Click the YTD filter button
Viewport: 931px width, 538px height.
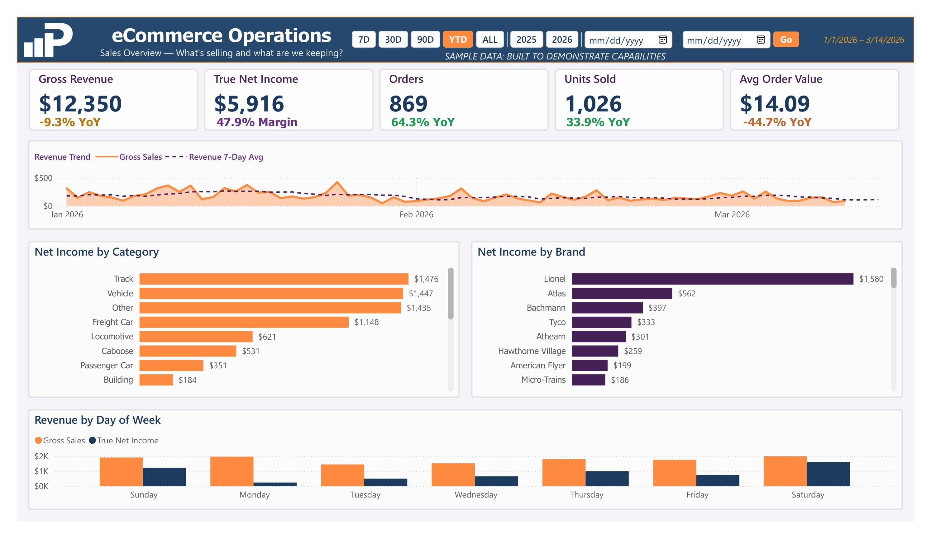tap(458, 40)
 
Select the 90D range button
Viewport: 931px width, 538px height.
tap(425, 40)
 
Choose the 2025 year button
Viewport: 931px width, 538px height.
tap(526, 40)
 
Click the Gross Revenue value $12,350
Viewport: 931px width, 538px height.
tap(80, 104)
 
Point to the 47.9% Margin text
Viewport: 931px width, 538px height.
tap(257, 122)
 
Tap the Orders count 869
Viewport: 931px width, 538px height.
tap(408, 104)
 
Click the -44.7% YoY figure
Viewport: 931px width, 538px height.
tap(777, 122)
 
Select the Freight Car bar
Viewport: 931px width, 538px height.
tap(244, 322)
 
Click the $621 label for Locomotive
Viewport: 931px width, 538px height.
tap(267, 337)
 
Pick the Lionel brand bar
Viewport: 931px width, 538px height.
tap(712, 279)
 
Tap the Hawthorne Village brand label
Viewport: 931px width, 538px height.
tap(532, 351)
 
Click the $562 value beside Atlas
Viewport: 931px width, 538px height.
tap(686, 294)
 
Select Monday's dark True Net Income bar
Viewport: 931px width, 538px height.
tap(275, 484)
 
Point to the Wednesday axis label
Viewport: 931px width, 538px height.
tap(476, 495)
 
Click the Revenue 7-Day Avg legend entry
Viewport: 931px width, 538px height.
tap(226, 157)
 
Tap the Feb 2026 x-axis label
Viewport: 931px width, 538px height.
tap(416, 215)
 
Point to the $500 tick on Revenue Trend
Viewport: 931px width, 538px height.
tap(44, 178)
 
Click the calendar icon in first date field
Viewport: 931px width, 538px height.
tap(663, 40)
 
